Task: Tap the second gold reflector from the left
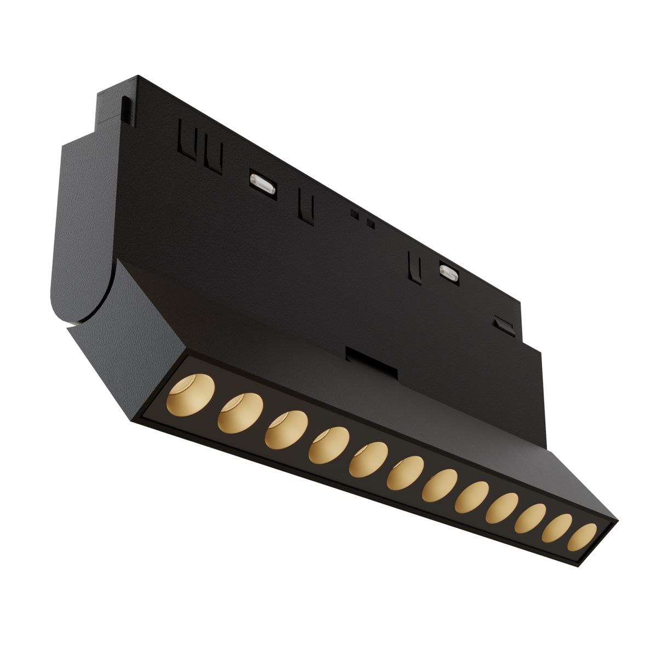pyautogui.click(x=240, y=412)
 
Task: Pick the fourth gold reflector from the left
pyautogui.click(x=328, y=445)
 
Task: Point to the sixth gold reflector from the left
pyautogui.click(x=405, y=474)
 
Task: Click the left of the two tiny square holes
pyautogui.click(x=355, y=215)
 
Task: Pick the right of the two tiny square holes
pyautogui.click(x=371, y=223)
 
